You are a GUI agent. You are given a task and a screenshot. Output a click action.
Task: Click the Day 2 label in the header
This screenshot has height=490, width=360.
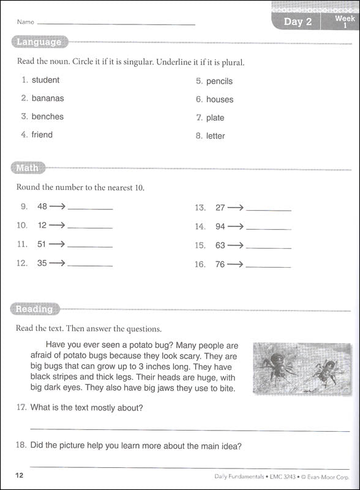pyautogui.click(x=298, y=22)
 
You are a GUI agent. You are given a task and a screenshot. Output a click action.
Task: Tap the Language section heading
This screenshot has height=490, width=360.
pyautogui.click(x=39, y=42)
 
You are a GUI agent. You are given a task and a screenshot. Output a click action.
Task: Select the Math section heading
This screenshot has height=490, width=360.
pyautogui.click(x=27, y=168)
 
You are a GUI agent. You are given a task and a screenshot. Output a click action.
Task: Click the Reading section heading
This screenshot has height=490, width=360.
pyautogui.click(x=34, y=309)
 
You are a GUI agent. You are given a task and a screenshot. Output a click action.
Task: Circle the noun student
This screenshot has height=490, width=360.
pyautogui.click(x=45, y=80)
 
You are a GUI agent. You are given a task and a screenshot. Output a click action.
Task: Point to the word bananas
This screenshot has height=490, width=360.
pyautogui.click(x=48, y=98)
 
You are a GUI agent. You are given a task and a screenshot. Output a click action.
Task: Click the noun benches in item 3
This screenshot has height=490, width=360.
pyautogui.click(x=47, y=116)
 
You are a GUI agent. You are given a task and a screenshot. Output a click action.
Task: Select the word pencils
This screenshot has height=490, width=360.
pyautogui.click(x=219, y=81)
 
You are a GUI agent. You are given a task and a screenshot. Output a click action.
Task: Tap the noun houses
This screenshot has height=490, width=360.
pyautogui.click(x=219, y=99)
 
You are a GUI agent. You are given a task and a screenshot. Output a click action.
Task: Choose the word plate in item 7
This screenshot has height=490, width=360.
pyautogui.click(x=215, y=118)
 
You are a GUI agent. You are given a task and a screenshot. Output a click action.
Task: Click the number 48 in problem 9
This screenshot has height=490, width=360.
pyautogui.click(x=42, y=207)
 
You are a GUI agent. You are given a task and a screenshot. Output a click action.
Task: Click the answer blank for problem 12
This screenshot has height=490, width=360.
pyautogui.click(x=90, y=265)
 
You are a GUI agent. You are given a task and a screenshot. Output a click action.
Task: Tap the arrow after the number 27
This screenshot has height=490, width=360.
pyautogui.click(x=236, y=208)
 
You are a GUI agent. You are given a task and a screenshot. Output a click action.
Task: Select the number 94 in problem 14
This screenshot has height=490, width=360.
pyautogui.click(x=220, y=227)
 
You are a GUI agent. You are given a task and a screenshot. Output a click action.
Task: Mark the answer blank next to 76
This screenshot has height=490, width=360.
pyautogui.click(x=268, y=265)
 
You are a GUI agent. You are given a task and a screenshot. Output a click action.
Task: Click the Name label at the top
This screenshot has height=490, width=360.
pyautogui.click(x=26, y=22)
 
